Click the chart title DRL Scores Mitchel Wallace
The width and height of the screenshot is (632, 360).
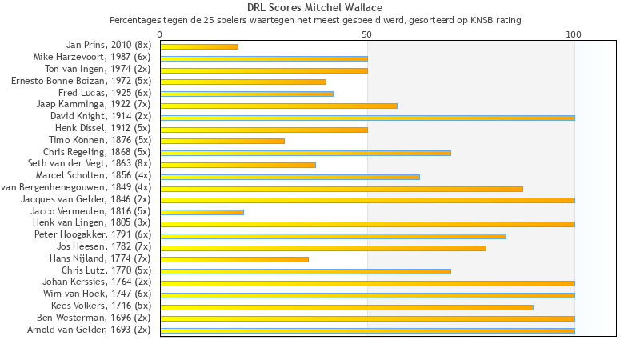coord(314,8)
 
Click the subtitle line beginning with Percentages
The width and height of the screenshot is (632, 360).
coord(314,19)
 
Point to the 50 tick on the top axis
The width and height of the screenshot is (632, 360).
coord(366,34)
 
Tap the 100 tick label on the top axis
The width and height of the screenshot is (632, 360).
coord(574,34)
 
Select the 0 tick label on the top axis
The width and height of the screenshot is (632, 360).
coord(160,34)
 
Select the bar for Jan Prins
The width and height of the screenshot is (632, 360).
coord(199,46)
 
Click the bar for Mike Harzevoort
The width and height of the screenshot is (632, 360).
coord(264,58)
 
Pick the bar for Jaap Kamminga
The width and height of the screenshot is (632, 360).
coord(278,106)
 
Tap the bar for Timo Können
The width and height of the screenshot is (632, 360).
coord(222,141)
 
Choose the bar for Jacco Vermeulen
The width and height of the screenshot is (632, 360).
coord(202,212)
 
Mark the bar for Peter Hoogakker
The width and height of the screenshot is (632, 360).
coord(333,236)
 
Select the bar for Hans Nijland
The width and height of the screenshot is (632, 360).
coord(234,259)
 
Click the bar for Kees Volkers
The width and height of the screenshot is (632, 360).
coord(346,306)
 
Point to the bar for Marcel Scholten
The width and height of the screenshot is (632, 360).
coord(290,177)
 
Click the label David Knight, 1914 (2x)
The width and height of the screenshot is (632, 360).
coord(100,116)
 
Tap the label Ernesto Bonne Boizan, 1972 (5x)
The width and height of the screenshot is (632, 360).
coord(81,81)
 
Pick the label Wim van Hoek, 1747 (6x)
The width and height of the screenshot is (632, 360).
coord(97,294)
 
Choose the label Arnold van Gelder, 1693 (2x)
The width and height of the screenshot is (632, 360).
coord(89,330)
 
